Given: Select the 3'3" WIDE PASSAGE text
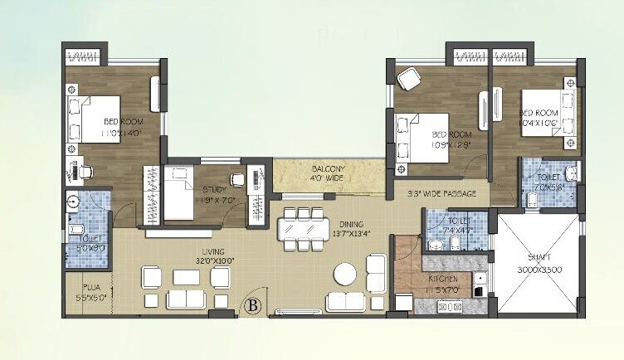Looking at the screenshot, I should (x=441, y=194).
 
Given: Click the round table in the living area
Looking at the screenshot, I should (x=345, y=275).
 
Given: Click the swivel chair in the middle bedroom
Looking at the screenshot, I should (x=409, y=80).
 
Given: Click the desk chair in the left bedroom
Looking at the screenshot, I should (x=86, y=171).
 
